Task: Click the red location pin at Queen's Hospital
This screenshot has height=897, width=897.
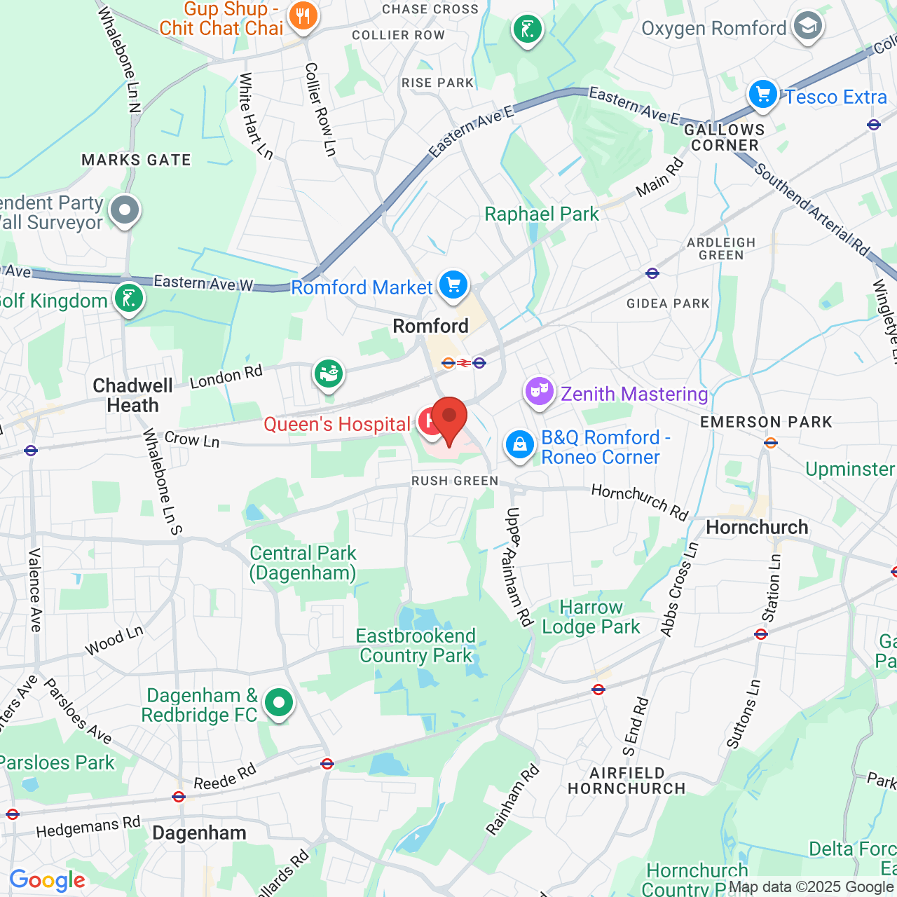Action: point(449,419)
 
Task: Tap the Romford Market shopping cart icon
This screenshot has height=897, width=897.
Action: point(453,285)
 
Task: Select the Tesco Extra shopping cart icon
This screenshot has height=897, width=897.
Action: point(763,94)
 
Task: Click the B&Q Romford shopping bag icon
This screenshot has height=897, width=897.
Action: point(520,445)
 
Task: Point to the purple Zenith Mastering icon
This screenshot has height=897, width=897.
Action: point(539,392)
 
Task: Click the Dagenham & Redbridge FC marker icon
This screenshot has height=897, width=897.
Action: point(279,702)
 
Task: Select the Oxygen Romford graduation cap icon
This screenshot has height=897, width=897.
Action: point(807,27)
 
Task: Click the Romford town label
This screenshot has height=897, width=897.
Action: point(430,326)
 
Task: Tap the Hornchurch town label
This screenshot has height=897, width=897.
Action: point(757,527)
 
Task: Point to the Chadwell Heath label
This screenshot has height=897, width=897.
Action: point(132,395)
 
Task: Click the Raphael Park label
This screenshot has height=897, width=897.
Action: point(542,214)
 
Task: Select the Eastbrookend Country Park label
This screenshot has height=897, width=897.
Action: point(416,645)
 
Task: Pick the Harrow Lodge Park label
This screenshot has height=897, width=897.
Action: point(591,617)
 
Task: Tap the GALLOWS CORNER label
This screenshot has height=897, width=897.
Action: point(725,137)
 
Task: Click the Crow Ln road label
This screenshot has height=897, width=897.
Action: point(192,439)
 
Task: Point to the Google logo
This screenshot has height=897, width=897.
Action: point(48,880)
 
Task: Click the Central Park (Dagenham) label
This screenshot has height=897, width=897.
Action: point(303,563)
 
